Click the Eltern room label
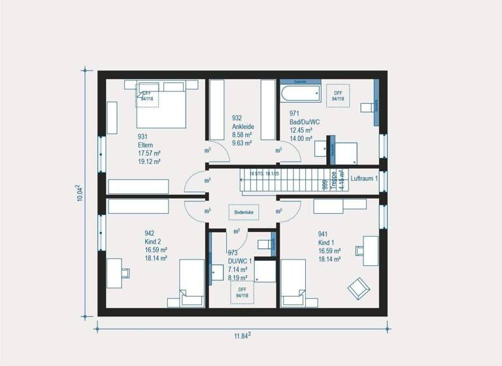coord(145,144)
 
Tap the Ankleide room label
coord(243,127)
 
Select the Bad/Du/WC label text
coord(305,122)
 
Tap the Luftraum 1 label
coord(364,178)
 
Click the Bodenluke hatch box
coord(243,212)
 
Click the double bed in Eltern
coord(162,107)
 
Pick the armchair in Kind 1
coord(358,287)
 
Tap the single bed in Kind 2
coord(192,282)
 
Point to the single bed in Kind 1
coord(293,282)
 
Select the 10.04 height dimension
coord(78,193)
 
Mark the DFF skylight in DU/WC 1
coord(242,292)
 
